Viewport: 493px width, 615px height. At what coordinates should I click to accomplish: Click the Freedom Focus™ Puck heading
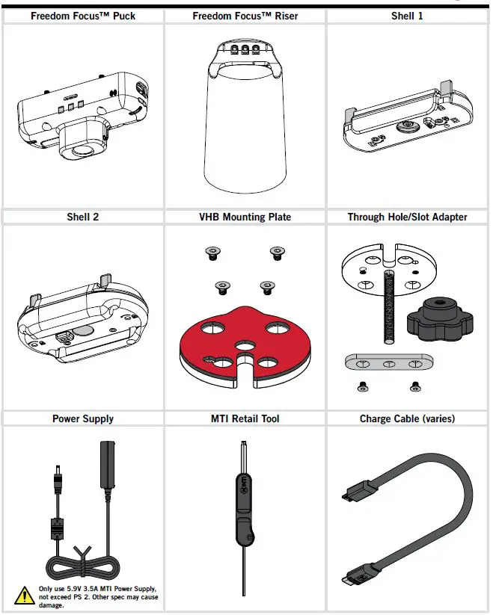(82, 16)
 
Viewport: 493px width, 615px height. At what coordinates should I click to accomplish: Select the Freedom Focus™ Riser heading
(245, 16)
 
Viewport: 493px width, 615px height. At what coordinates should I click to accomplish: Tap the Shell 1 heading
(408, 16)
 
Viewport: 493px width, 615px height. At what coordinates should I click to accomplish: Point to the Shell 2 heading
(82, 217)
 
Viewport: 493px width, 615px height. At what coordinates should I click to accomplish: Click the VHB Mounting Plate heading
(245, 217)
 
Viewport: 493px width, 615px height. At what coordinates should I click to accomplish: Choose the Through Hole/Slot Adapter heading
(408, 217)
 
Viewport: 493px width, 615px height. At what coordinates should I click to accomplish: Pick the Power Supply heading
(82, 418)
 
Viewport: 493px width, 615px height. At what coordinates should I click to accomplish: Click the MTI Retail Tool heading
(245, 418)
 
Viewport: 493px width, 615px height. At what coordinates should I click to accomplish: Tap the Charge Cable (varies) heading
(408, 418)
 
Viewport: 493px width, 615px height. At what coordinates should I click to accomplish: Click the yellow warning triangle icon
(24, 596)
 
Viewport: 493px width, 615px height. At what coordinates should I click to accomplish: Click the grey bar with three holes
(388, 363)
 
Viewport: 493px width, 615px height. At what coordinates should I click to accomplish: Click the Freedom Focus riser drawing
(245, 120)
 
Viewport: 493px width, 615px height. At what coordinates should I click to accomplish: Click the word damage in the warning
(51, 605)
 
